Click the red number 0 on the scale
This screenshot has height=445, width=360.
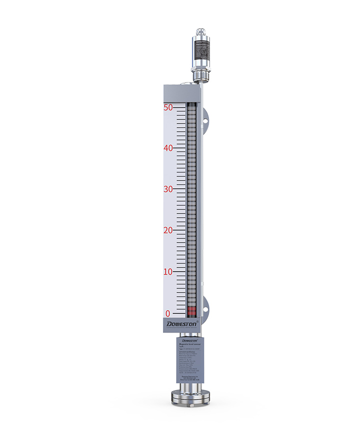(169, 313)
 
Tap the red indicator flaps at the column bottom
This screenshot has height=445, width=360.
(191, 311)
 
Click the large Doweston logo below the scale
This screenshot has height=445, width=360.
(182, 324)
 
